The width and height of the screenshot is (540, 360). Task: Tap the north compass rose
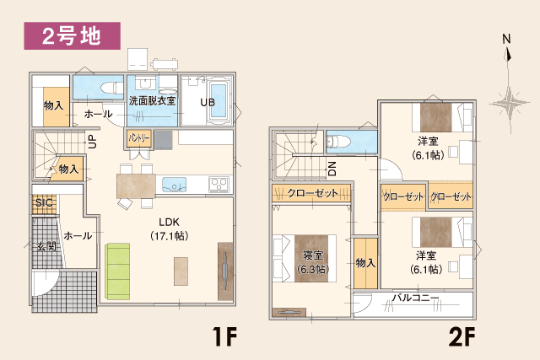tap(507, 97)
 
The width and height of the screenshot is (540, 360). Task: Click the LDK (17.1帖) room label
tap(164, 229)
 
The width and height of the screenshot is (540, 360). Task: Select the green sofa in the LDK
tap(118, 271)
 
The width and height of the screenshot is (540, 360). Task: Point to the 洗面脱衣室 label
tap(152, 100)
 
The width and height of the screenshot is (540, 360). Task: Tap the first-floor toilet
tap(109, 87)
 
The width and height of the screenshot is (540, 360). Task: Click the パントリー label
tap(139, 137)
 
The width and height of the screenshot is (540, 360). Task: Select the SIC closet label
tap(43, 203)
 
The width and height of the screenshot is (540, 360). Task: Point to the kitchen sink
tap(176, 183)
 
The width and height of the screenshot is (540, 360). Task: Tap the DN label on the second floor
tap(332, 169)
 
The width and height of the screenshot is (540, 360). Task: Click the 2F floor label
tap(463, 337)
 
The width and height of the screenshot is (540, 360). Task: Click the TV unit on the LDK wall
tap(225, 270)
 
